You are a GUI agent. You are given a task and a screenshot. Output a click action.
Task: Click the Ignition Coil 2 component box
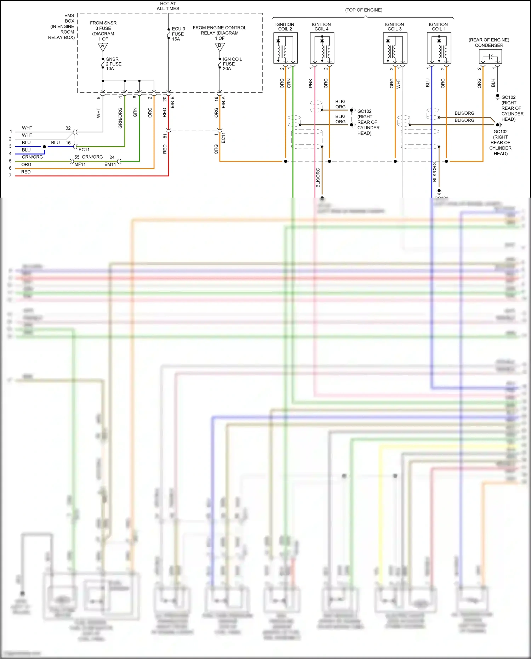coord(285,48)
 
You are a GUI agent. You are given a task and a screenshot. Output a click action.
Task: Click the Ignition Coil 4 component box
coord(322,48)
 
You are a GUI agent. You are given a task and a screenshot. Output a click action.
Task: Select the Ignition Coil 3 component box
coord(395,48)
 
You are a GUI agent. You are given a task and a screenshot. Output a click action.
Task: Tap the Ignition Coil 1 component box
coord(439,48)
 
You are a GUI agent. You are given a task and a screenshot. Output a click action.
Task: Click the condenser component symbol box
coord(490,57)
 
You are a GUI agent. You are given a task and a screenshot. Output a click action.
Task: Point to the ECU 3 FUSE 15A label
coord(178,34)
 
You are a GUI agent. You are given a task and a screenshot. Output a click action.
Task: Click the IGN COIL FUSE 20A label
coord(232,64)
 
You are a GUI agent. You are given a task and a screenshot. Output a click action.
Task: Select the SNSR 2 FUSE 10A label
coord(113,64)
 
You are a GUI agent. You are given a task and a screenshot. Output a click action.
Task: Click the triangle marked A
coord(103,46)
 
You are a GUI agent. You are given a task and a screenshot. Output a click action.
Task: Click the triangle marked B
coord(219,46)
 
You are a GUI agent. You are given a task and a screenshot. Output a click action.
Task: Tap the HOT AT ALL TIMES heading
coord(168,6)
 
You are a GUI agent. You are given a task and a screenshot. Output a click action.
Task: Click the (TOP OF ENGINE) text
coord(364,10)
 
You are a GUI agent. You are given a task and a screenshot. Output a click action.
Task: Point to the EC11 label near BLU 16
coord(84,150)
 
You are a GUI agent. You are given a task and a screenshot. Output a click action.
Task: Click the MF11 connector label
coord(80,164)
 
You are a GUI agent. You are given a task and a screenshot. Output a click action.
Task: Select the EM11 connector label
coord(110,164)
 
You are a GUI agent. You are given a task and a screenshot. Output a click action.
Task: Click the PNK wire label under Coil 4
coord(310,84)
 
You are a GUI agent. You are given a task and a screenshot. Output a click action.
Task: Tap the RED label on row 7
coord(26,172)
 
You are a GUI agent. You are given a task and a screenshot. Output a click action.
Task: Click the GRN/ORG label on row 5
coord(32,157)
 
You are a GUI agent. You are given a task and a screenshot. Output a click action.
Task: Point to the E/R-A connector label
coord(224,102)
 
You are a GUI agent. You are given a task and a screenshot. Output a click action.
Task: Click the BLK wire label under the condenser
coord(493,83)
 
